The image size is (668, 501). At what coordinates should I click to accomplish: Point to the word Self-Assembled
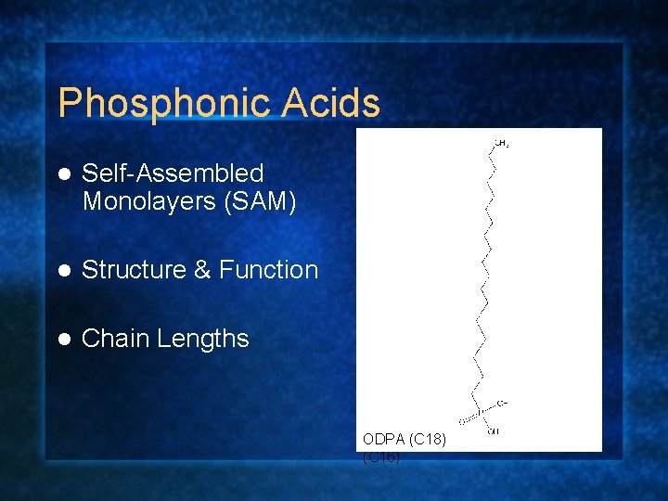(173, 173)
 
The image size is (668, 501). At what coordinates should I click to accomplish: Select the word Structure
(134, 270)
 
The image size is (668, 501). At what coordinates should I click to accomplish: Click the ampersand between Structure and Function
(202, 270)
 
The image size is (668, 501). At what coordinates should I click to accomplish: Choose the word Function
(268, 270)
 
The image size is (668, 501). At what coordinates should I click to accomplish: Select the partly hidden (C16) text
(381, 456)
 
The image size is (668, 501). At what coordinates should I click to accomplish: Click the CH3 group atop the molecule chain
(501, 144)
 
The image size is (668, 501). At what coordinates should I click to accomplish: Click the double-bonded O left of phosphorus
(461, 420)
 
